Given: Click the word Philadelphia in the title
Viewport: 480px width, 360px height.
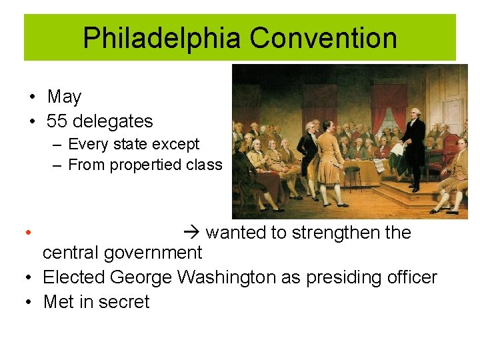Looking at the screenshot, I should coord(160,38).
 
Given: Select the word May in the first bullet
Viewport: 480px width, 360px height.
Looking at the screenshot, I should coord(64,97).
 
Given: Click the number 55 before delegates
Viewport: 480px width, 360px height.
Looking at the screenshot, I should coord(57,121).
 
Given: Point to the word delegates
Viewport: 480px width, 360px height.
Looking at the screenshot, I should coord(113,121).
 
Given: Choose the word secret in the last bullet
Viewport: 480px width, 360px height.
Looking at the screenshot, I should coord(123,301).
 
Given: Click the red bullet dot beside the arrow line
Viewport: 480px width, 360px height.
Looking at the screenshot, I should coord(27,233).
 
